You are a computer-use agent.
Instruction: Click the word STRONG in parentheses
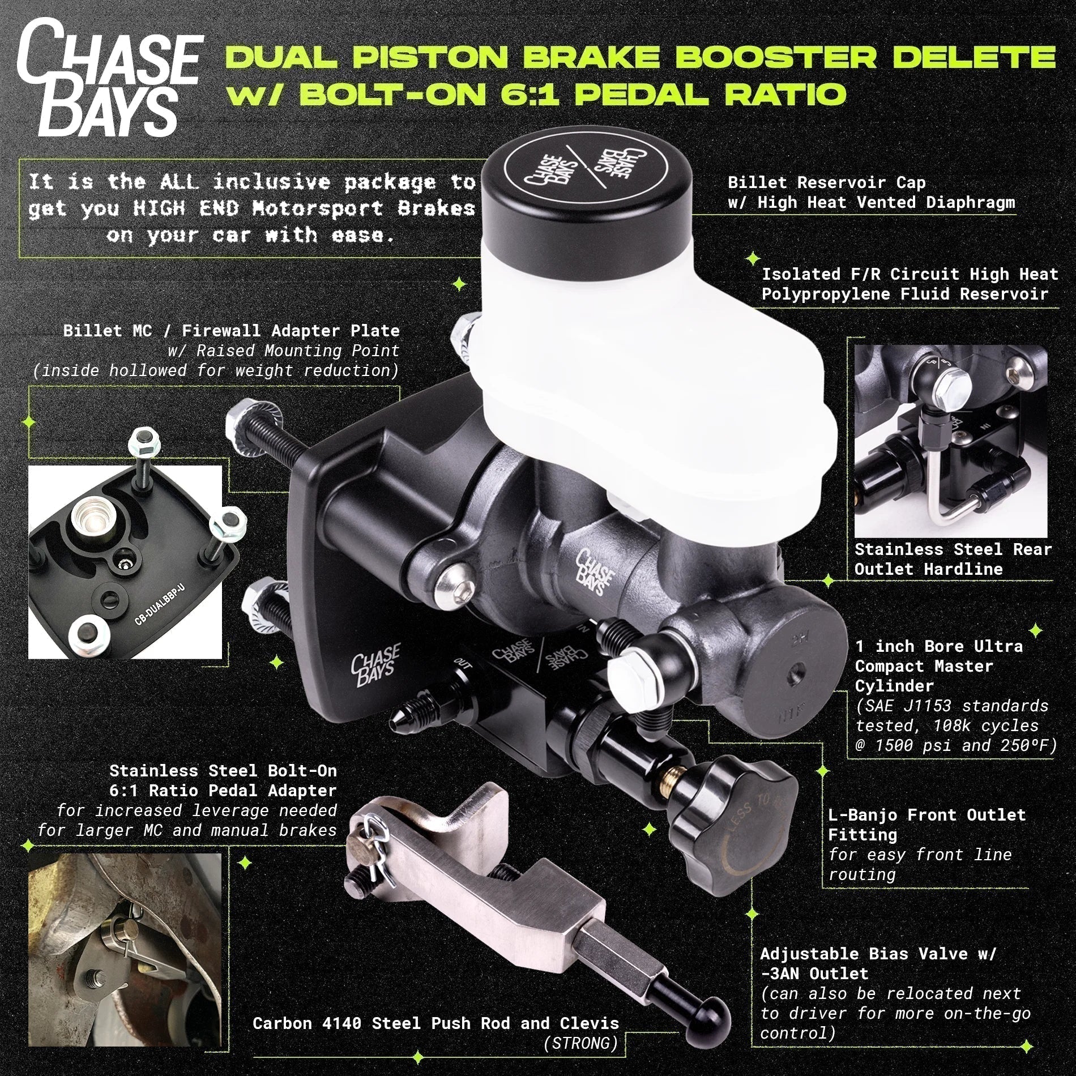coord(580,1043)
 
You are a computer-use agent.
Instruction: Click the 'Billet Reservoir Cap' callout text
coord(826,182)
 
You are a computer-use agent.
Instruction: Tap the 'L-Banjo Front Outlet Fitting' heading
coord(926,824)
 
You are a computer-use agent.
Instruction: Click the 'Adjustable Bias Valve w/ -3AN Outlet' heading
coord(878,963)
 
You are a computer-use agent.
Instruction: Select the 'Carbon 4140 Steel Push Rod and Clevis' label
coord(435,1023)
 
